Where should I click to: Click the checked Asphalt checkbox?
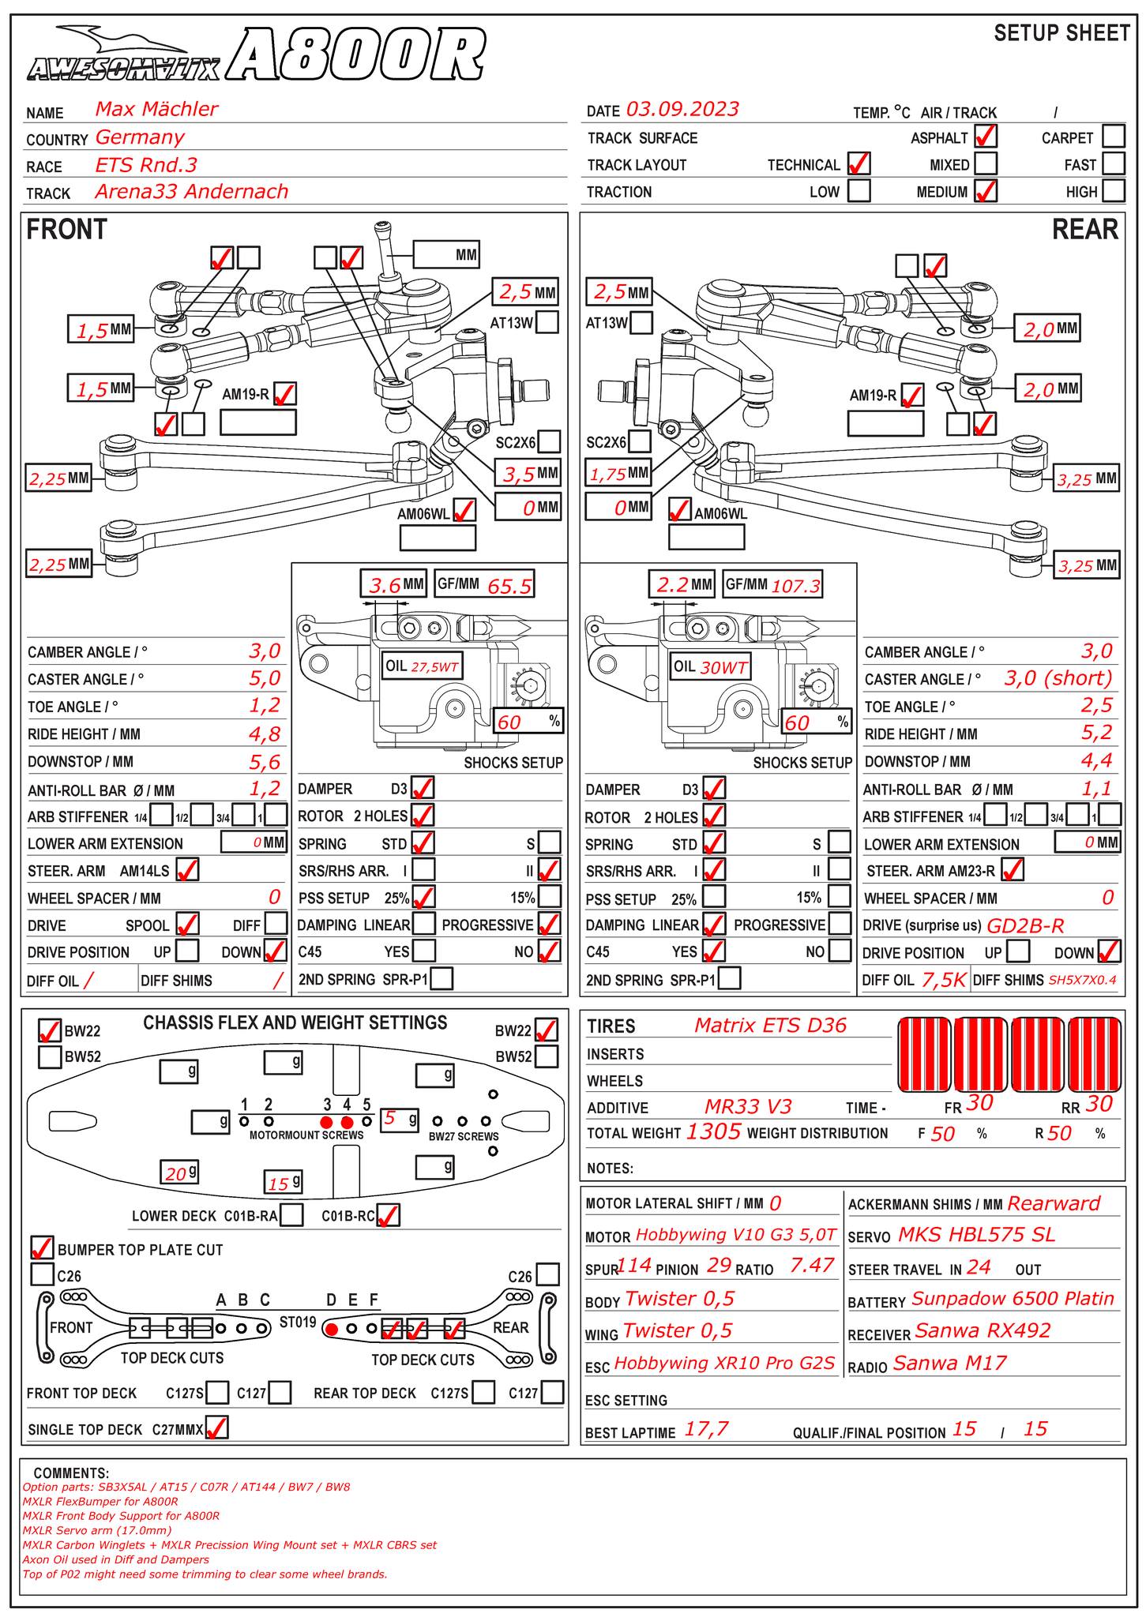[x=985, y=137]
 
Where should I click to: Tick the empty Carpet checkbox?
[x=1113, y=137]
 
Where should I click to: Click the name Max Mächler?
[x=156, y=109]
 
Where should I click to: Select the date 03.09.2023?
[x=682, y=109]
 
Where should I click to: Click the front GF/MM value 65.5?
[x=509, y=586]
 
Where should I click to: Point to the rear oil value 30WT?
[x=723, y=667]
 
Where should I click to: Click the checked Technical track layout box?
[x=858, y=164]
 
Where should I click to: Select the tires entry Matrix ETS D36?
[x=770, y=1026]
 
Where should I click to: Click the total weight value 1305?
[x=713, y=1132]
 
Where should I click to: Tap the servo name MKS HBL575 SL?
[x=976, y=1235]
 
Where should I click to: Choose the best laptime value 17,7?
[x=706, y=1428]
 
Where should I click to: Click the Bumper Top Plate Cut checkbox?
[x=43, y=1248]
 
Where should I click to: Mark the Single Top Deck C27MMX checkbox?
[x=216, y=1428]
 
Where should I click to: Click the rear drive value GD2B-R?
[x=1026, y=925]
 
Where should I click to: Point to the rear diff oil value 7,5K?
[x=944, y=980]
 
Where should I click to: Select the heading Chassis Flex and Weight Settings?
[x=295, y=1023]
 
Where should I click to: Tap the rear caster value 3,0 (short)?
[x=1058, y=678]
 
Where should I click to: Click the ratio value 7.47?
[x=811, y=1266]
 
